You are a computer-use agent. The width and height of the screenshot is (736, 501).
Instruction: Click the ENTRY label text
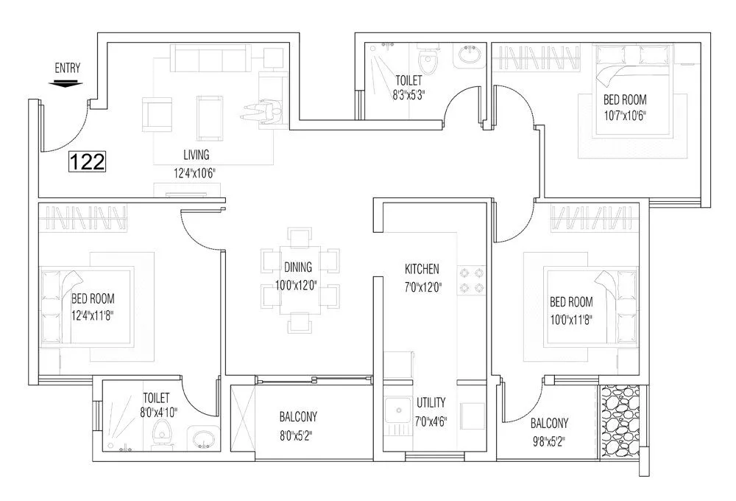[x=67, y=69]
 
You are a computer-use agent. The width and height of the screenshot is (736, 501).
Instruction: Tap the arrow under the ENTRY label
[x=66, y=83]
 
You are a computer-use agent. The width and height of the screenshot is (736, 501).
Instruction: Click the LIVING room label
[x=197, y=155]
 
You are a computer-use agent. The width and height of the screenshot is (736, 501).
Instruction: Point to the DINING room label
[x=297, y=267]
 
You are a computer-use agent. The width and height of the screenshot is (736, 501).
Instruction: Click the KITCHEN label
[x=422, y=268]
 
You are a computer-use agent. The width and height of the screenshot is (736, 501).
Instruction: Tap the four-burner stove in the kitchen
[x=472, y=279]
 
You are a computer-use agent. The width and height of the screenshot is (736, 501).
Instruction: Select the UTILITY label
[x=431, y=403]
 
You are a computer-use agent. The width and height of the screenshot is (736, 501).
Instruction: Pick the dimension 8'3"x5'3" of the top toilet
[x=410, y=94]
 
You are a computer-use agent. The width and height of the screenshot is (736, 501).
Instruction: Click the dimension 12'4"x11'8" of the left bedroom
[x=92, y=315]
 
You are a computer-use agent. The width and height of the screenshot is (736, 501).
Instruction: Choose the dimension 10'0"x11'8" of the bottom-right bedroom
[x=571, y=318]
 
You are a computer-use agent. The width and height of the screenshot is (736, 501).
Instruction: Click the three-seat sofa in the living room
[x=210, y=57]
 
